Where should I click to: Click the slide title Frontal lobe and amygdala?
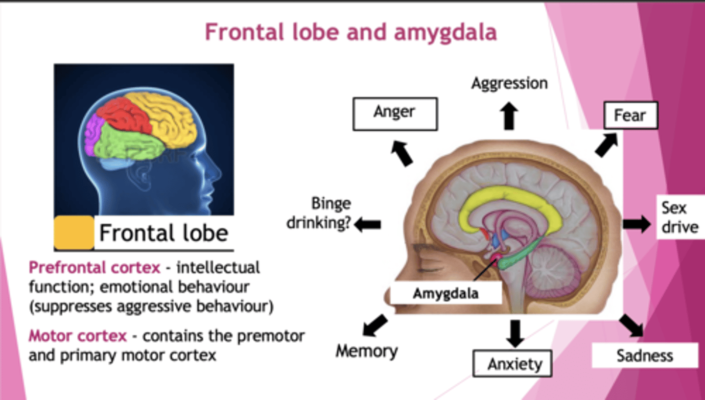(351, 32)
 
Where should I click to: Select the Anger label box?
(395, 114)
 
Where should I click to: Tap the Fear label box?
(630, 116)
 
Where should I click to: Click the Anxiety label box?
(512, 363)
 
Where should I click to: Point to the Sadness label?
(644, 355)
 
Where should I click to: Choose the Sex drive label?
(680, 217)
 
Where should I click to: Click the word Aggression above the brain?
(509, 84)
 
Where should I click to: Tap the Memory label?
(366, 351)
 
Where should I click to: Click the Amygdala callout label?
(446, 294)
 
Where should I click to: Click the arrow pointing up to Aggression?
(509, 116)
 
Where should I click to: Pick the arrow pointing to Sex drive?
(636, 224)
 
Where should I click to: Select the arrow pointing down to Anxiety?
(515, 333)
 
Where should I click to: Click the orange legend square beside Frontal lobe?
(74, 233)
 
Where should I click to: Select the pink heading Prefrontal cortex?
(94, 268)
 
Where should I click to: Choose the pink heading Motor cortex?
(78, 336)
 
